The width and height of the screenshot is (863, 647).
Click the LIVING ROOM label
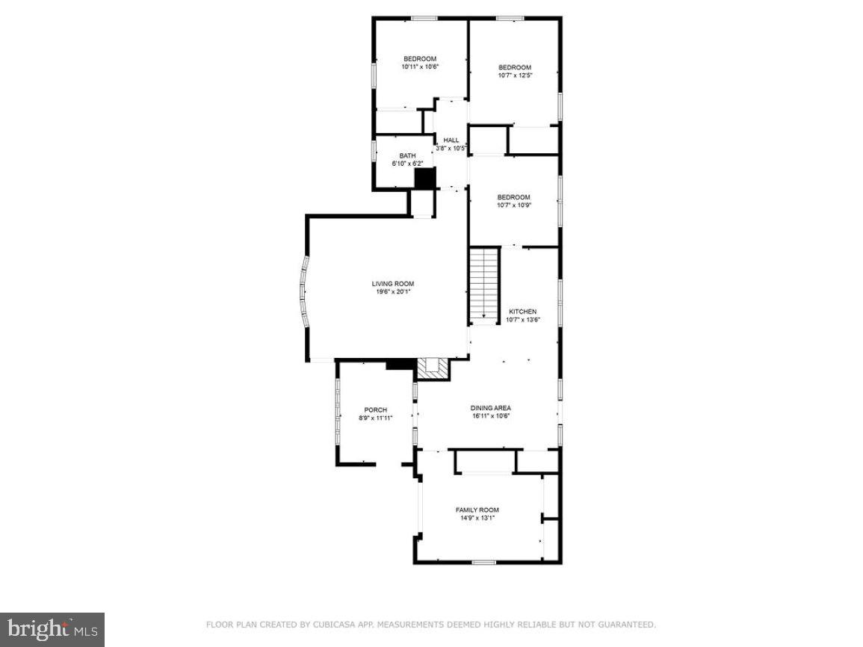393,283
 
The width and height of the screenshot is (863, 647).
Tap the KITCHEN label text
522,312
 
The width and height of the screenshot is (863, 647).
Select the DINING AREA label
490,408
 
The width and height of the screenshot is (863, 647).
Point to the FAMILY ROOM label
477,510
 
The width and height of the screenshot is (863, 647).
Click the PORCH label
375,409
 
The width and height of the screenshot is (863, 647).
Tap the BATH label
407,155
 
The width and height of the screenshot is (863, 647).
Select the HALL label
451,140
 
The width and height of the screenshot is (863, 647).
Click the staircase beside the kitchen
483,285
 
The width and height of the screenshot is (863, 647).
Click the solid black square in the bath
424,179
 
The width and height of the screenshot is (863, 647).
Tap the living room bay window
304,291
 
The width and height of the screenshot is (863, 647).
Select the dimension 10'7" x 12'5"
515,75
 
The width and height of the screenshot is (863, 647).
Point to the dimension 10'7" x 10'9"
514,205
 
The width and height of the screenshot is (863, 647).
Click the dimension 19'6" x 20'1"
393,292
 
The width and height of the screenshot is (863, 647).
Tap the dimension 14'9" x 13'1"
477,518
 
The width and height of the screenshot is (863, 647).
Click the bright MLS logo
52,630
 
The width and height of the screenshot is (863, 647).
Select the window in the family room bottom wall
483,562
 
